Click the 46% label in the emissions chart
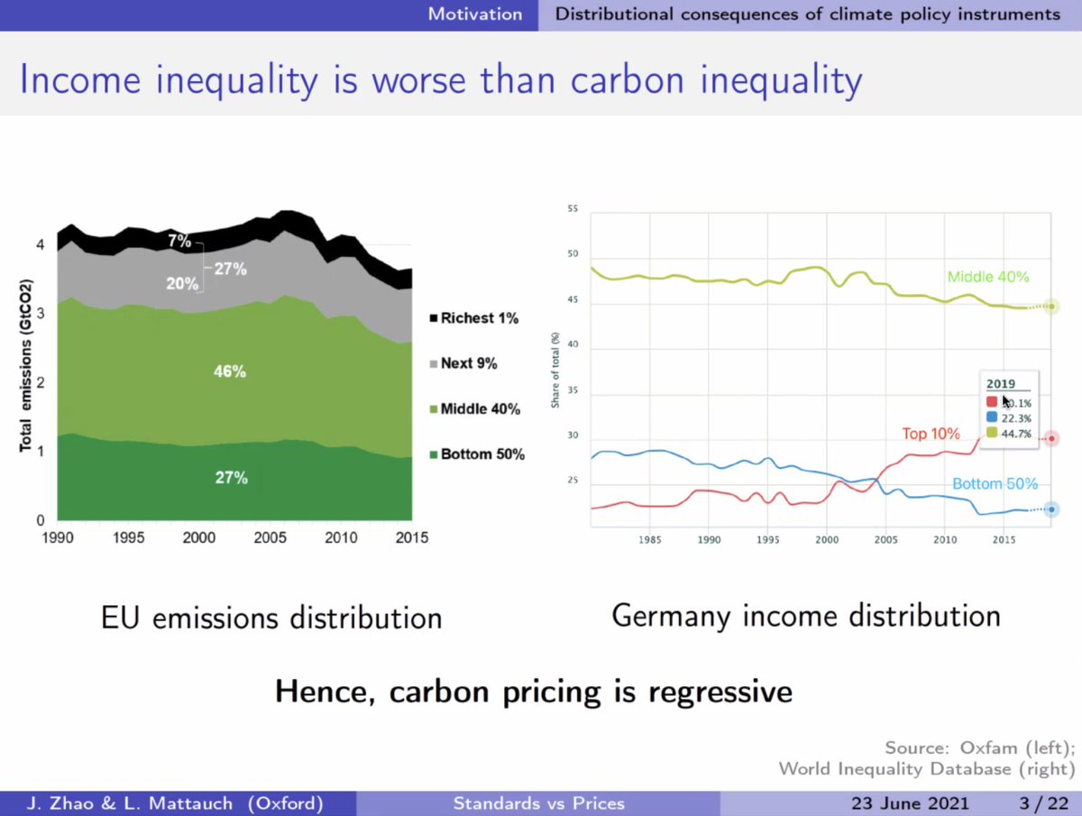click(x=231, y=371)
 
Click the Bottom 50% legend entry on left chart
click(x=475, y=454)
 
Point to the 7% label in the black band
click(x=179, y=241)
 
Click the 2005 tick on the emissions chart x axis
click(x=269, y=538)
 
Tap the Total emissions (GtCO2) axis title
click(x=28, y=378)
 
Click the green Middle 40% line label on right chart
click(x=987, y=277)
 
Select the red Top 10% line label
click(x=931, y=435)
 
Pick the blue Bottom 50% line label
click(x=995, y=484)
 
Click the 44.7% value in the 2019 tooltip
click(x=1018, y=433)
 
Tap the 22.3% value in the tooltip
click(x=1018, y=417)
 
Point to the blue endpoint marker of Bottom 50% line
click(x=1050, y=509)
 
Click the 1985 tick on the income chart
click(x=650, y=541)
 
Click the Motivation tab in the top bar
click(x=474, y=14)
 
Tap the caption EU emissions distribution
click(x=270, y=619)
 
